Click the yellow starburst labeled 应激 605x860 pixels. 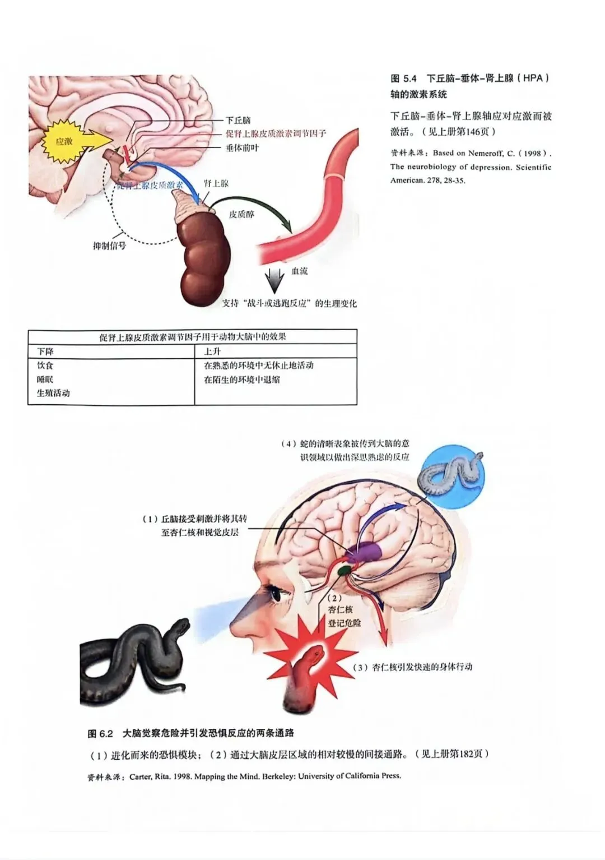click(66, 141)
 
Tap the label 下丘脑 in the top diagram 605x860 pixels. click(238, 120)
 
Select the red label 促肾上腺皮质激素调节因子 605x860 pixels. click(275, 133)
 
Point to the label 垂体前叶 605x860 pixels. click(242, 148)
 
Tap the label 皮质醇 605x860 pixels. click(241, 214)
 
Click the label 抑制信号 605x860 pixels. click(109, 246)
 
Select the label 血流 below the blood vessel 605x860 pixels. click(300, 271)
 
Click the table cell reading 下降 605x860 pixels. click(45, 352)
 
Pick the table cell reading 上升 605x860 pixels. click(212, 352)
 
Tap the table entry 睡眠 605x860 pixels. click(45, 380)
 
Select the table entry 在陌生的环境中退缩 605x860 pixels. click(242, 380)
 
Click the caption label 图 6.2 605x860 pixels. click(100, 733)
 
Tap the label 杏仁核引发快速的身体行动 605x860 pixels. click(414, 667)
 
